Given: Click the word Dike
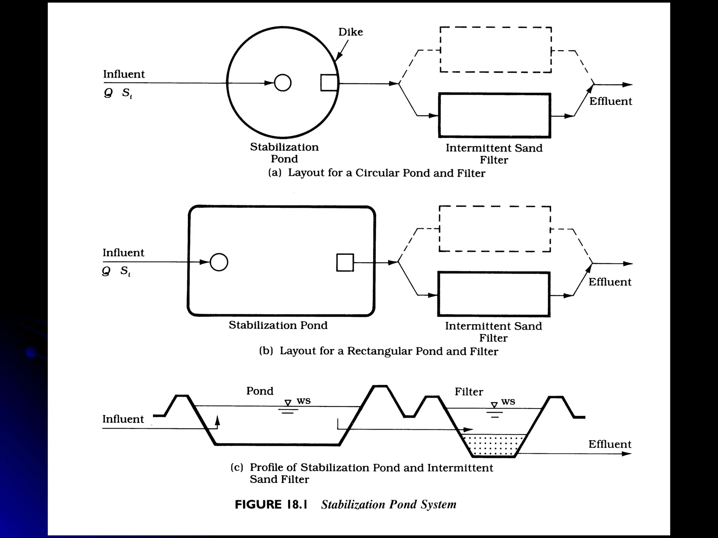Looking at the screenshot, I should click(x=350, y=32).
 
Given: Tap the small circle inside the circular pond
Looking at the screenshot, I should click(x=283, y=83).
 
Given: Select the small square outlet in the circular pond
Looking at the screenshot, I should click(x=329, y=83).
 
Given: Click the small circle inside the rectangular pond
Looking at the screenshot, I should click(x=219, y=262).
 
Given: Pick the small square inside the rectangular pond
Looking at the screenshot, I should click(x=345, y=262).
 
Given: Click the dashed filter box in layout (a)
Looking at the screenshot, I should click(x=495, y=50).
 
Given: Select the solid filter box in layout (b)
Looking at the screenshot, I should click(x=494, y=294).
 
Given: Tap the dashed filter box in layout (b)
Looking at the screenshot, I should click(x=495, y=229).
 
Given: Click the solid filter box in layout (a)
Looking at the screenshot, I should click(x=494, y=116).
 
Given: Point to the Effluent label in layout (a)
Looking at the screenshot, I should click(x=610, y=101).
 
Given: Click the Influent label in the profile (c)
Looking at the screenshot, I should click(x=123, y=419).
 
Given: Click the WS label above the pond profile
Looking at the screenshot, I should click(x=304, y=401).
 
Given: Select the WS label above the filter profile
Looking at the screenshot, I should click(x=508, y=401).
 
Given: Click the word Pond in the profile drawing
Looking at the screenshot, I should click(x=259, y=391).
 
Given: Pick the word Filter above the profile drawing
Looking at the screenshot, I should click(x=469, y=392).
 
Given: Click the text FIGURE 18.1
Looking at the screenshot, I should click(x=271, y=504).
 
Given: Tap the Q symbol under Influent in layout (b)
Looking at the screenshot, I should click(x=106, y=271).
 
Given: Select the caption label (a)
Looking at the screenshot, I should click(x=275, y=173).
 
